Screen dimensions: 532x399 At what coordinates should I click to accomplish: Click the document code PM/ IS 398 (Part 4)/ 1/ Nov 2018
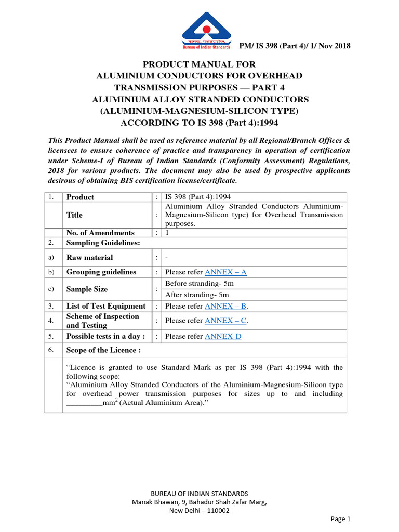tap(295, 46)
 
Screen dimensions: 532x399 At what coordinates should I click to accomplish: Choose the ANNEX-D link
tap(223, 336)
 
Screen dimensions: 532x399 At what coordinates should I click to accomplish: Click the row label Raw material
tap(89, 257)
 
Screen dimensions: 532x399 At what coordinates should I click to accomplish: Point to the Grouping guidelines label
tap(101, 272)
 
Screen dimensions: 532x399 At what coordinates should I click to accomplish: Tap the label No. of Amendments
tap(100, 233)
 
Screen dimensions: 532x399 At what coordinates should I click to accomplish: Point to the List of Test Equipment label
tap(106, 306)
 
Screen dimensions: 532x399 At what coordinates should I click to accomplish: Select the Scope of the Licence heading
tap(103, 350)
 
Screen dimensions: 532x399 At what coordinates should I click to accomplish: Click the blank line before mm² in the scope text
tap(84, 403)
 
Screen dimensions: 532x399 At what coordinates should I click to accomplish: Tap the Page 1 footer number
tap(341, 518)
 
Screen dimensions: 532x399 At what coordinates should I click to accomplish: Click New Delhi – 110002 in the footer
tap(199, 510)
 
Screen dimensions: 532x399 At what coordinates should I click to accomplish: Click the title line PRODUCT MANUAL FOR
tap(199, 64)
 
